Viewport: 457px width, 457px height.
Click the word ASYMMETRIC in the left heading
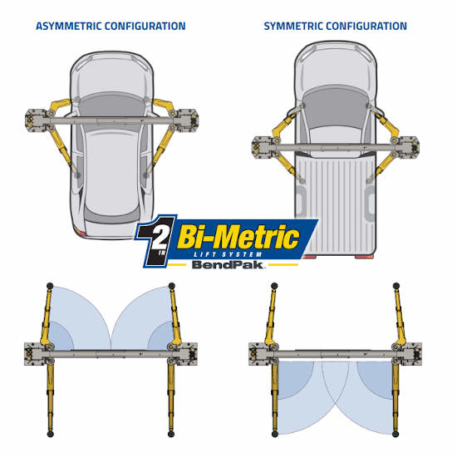pyautogui.click(x=68, y=27)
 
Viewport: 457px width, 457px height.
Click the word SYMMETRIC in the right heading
pyautogui.click(x=293, y=27)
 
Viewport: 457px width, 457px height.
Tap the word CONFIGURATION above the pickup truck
pyautogui.click(x=366, y=27)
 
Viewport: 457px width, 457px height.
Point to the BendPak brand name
pyautogui.click(x=228, y=264)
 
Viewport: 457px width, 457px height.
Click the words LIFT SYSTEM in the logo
pyautogui.click(x=228, y=254)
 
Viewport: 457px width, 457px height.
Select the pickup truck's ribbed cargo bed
pyautogui.click(x=335, y=204)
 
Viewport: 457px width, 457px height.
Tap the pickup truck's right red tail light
pyautogui.click(x=364, y=257)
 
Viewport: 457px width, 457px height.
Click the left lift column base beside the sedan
pyautogui.click(x=37, y=120)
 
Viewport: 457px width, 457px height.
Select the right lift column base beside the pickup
pyautogui.click(x=408, y=147)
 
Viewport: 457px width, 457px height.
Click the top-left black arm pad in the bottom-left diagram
pyautogui.click(x=50, y=285)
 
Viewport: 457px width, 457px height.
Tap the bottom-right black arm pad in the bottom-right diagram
pyautogui.click(x=396, y=434)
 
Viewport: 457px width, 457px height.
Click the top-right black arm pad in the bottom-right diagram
pyautogui.click(x=396, y=286)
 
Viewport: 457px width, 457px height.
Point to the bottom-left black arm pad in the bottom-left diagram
pyautogui.click(x=50, y=435)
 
